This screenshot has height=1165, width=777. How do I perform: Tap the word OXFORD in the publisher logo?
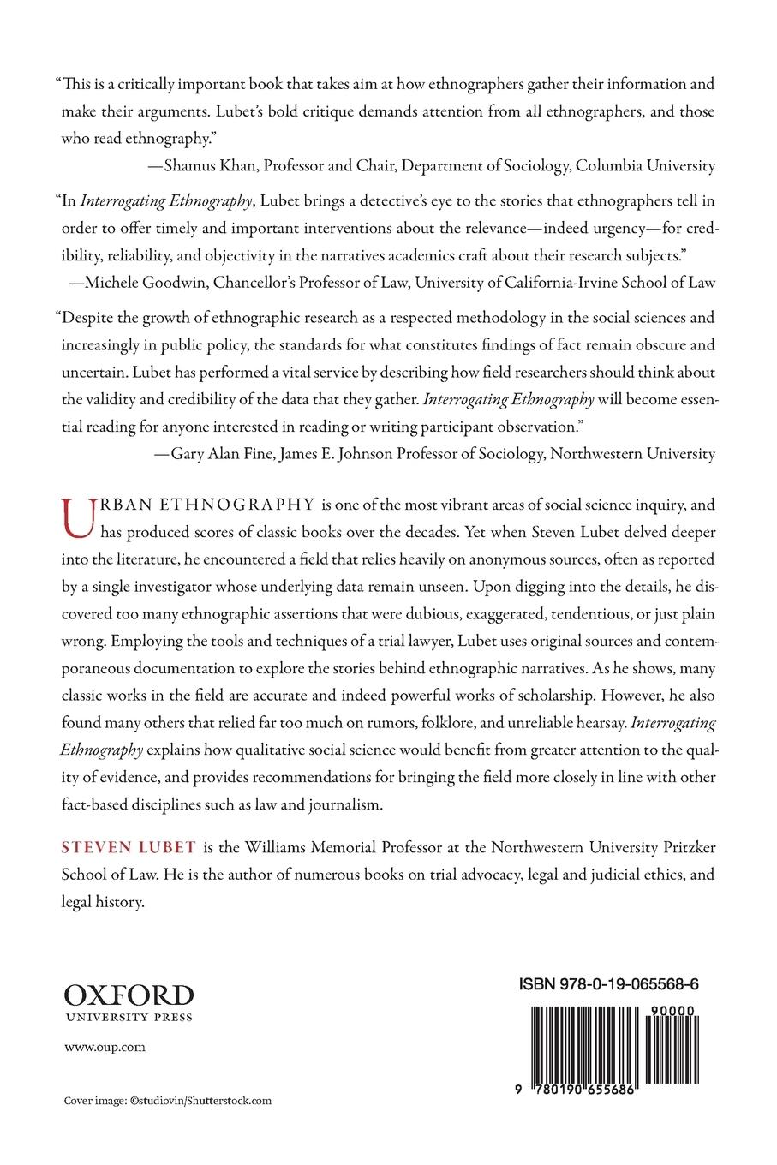pos(129,995)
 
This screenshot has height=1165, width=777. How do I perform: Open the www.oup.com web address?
pos(93,1047)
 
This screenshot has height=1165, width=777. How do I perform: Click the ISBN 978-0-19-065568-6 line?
pos(608,985)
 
